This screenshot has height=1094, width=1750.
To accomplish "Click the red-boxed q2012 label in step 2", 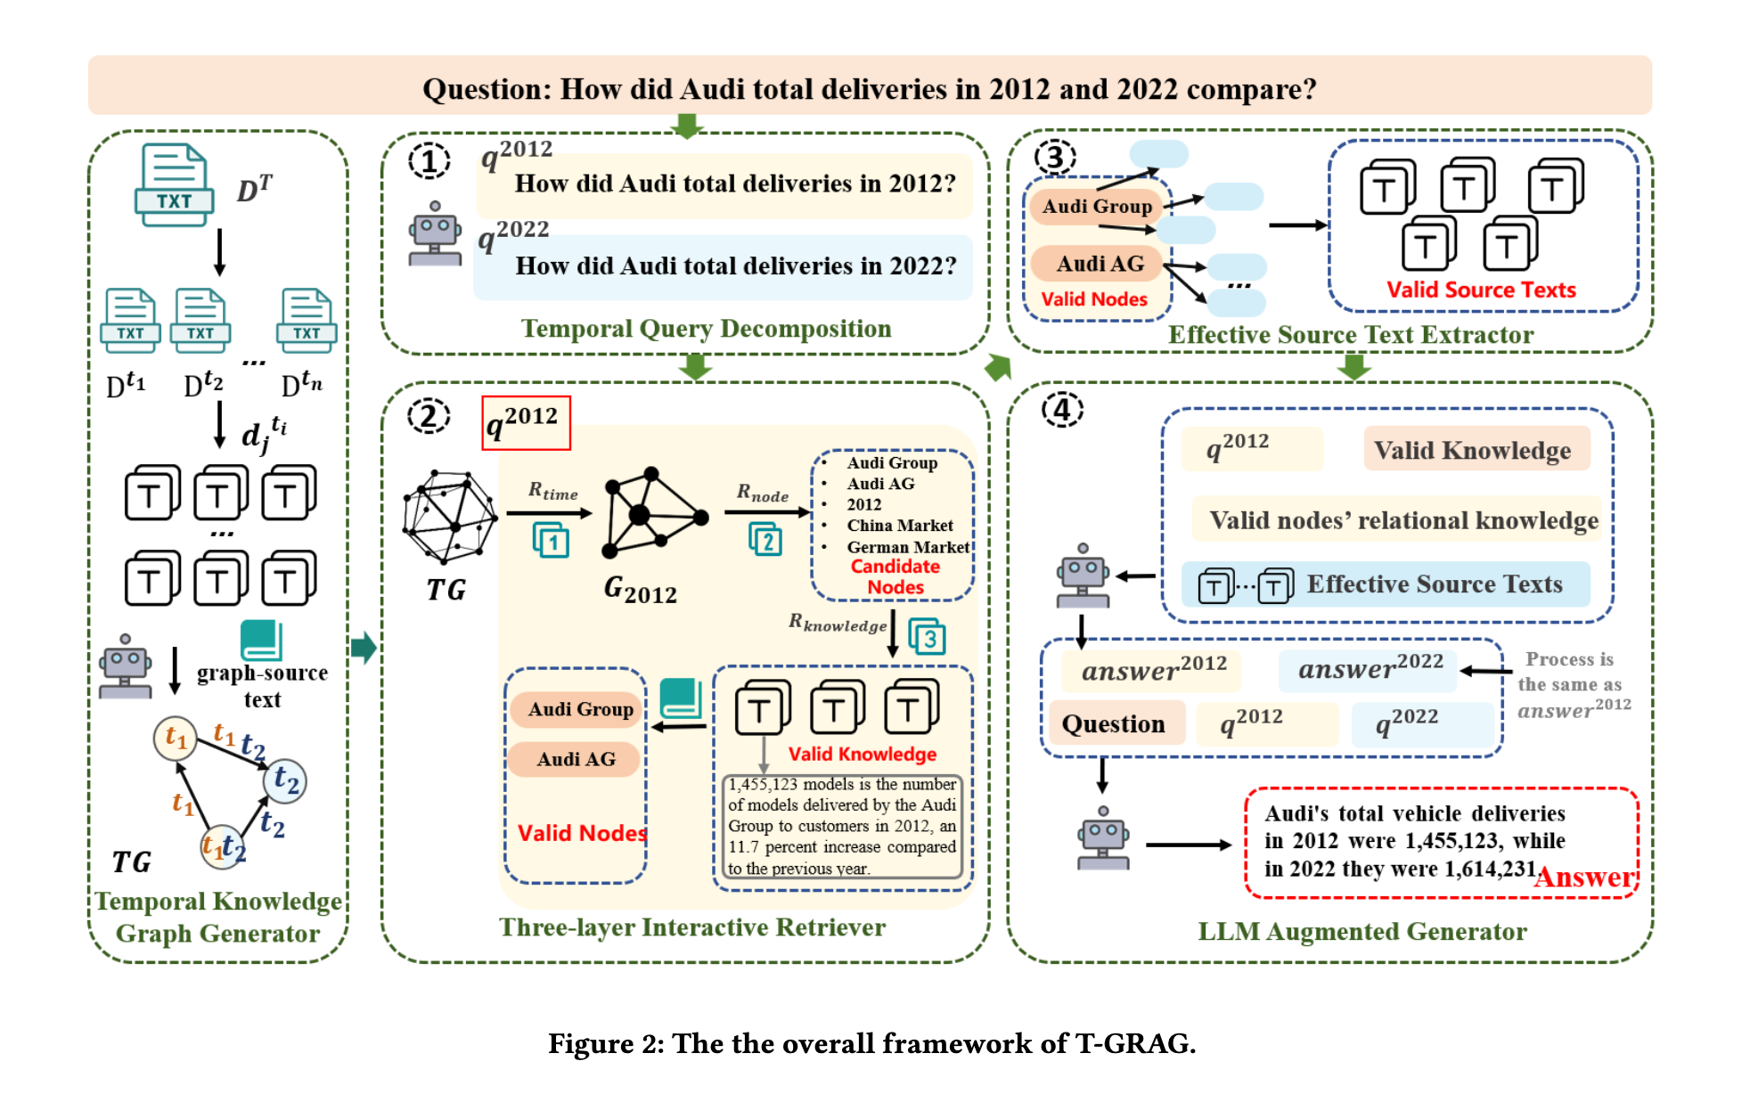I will (526, 422).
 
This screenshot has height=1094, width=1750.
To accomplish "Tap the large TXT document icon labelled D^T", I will (174, 185).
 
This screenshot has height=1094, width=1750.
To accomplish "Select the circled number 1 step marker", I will (429, 161).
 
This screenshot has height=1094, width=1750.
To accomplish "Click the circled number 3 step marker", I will (1055, 158).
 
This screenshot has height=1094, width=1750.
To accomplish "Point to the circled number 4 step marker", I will (1062, 410).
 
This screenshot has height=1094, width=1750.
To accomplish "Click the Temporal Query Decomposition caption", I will (706, 329).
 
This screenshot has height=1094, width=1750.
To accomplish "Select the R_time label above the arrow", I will (552, 491).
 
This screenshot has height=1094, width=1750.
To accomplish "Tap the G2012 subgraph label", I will (640, 590).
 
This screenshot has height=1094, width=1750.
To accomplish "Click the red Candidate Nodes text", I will (895, 576).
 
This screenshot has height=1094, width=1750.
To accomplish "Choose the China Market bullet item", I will (899, 526).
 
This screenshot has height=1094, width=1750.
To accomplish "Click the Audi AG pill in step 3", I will (1099, 264).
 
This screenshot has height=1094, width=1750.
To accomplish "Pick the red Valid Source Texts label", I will (1481, 290).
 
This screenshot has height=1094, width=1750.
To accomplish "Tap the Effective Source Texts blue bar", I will (1386, 584).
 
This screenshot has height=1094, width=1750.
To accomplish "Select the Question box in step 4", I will (1114, 723).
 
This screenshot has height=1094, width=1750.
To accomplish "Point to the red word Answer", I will (1585, 878).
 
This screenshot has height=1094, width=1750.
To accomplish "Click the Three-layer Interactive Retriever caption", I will (692, 927).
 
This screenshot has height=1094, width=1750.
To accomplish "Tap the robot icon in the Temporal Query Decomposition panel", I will (435, 234).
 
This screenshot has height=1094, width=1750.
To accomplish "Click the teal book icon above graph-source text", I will (261, 641).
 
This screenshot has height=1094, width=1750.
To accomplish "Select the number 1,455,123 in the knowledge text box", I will (765, 785).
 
